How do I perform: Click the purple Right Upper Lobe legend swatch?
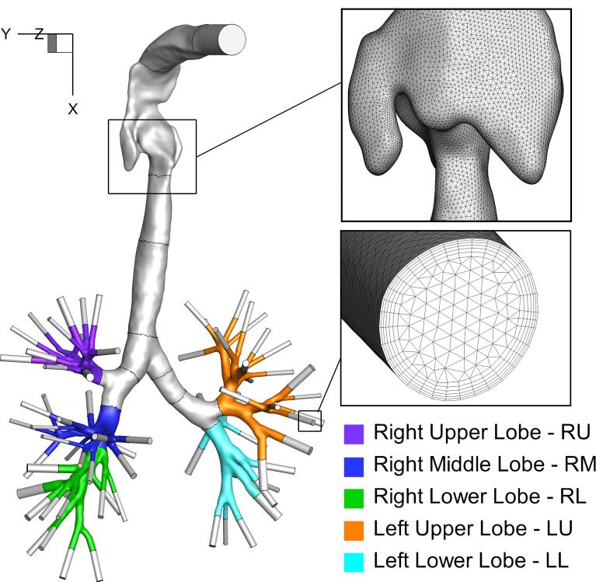click(x=354, y=432)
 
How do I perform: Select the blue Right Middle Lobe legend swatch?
click(x=354, y=465)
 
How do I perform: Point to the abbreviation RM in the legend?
click(x=579, y=464)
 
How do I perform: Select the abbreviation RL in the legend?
click(x=573, y=497)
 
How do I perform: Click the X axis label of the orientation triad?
click(x=73, y=110)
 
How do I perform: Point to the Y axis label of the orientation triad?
click(x=6, y=34)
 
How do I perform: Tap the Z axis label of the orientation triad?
click(x=39, y=34)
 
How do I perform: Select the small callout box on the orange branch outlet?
click(x=310, y=420)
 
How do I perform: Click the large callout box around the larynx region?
click(x=152, y=155)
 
